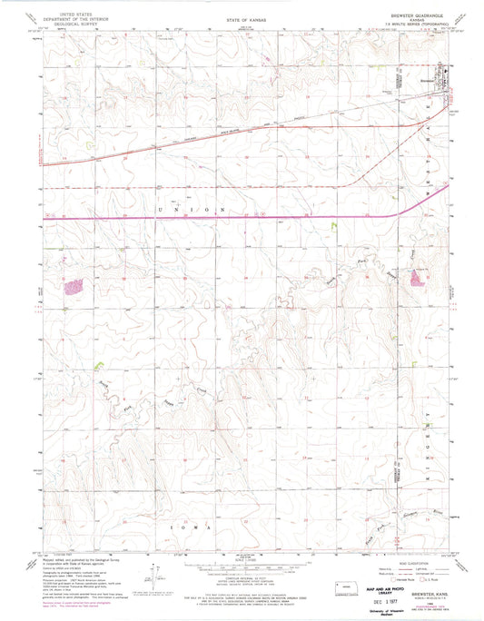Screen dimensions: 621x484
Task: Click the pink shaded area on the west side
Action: (73, 287)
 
